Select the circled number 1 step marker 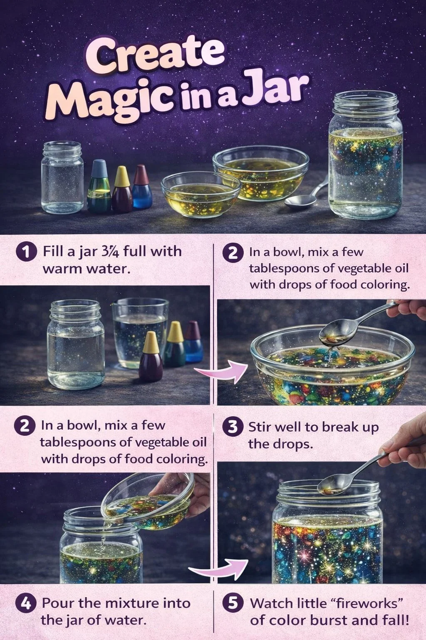tap(25, 252)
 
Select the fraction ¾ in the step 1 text tap(112, 252)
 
